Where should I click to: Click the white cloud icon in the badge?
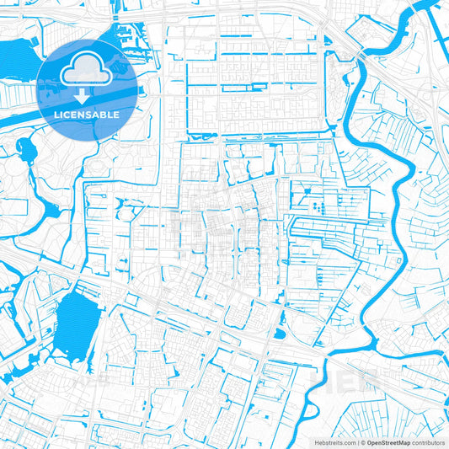point(88,67)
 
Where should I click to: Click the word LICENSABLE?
point(88,115)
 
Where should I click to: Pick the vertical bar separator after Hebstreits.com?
point(357,441)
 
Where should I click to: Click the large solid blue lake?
point(75,316)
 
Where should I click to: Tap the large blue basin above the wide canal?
point(17,59)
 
